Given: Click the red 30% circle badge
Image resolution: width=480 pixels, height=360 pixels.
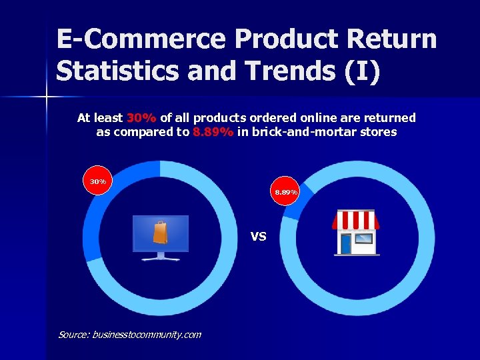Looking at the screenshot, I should (98, 181).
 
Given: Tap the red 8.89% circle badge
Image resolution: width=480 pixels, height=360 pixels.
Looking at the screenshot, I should (287, 192).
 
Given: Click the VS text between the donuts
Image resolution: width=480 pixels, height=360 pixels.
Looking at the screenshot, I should (259, 236).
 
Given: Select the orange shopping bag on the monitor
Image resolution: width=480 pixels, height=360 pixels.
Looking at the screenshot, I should (160, 233).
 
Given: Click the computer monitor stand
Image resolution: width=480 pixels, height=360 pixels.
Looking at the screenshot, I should (160, 256).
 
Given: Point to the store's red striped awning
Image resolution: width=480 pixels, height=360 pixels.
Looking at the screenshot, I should (356, 219).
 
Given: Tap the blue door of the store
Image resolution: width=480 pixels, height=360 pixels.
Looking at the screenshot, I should (345, 243).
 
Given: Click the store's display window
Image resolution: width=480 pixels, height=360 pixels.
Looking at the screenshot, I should (365, 238).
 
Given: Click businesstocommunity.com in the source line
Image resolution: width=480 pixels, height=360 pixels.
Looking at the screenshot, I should (147, 335).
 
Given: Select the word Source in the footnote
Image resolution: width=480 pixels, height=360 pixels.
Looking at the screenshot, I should (72, 335).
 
